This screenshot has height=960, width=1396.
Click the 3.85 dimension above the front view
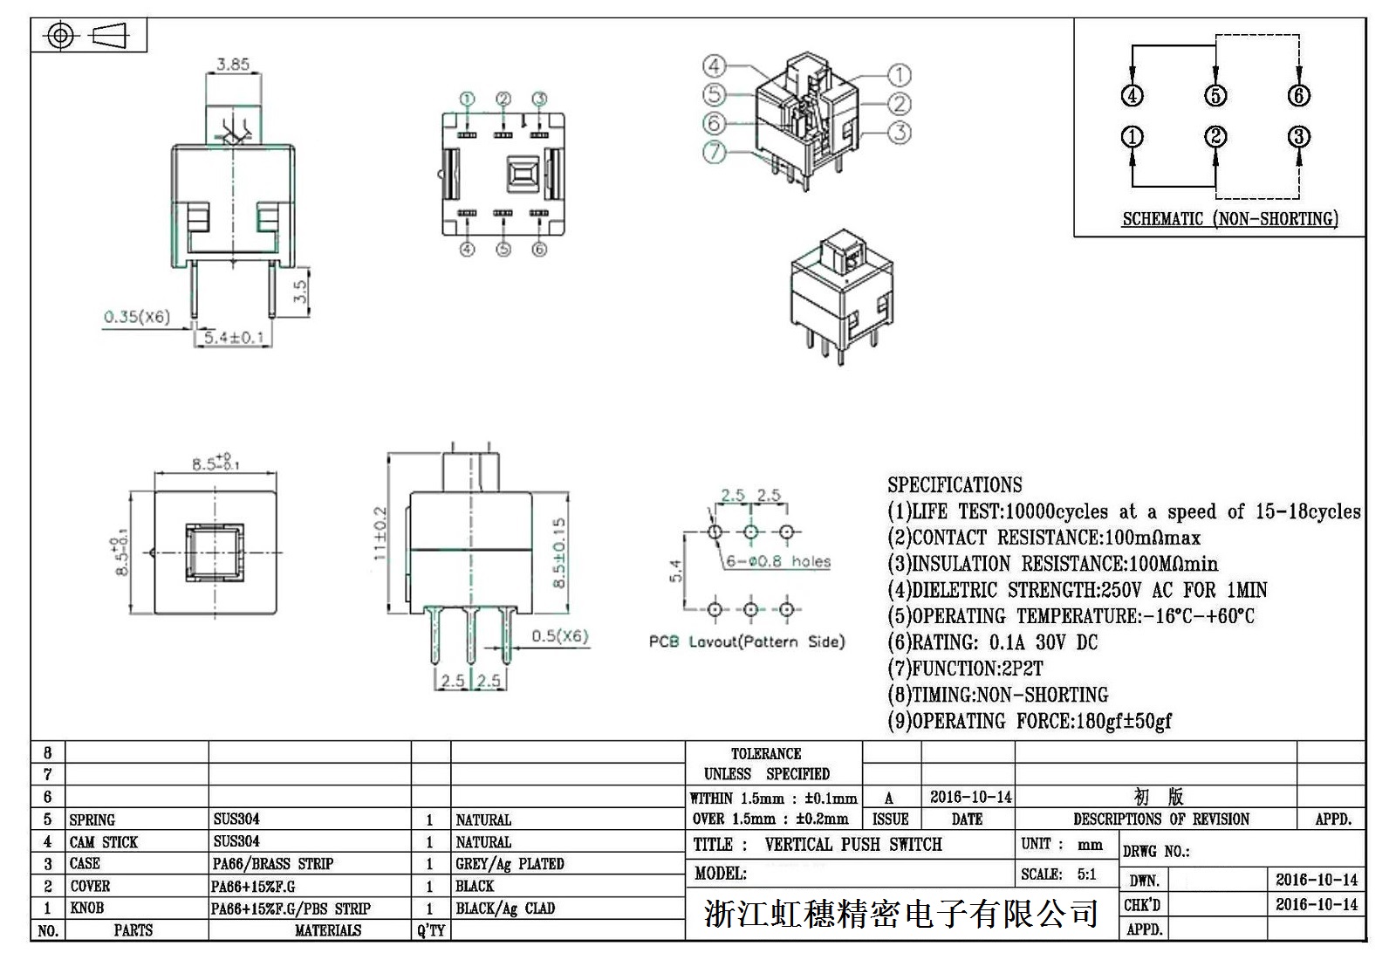click(x=233, y=64)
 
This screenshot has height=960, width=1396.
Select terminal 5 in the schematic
click(x=1215, y=95)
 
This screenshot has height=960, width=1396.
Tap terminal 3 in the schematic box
click(x=1299, y=137)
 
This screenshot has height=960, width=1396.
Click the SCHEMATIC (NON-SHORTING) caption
click(x=1229, y=219)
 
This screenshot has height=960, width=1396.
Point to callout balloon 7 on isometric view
click(x=715, y=152)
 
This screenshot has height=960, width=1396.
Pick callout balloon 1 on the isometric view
click(x=899, y=75)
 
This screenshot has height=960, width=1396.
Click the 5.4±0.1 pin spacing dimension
click(x=233, y=337)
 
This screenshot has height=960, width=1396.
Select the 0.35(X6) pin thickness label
click(x=137, y=317)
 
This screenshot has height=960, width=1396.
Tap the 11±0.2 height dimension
click(x=379, y=534)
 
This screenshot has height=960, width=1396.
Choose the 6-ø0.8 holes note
click(x=778, y=561)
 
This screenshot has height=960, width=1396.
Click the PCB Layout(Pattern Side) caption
click(x=747, y=641)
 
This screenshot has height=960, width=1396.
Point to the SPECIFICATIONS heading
click(x=955, y=485)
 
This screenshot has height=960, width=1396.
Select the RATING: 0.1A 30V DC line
click(x=992, y=643)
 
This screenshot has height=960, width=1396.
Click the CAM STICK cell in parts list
click(x=104, y=842)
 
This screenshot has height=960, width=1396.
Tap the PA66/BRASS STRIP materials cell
click(x=273, y=864)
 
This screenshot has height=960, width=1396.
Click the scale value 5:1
click(x=1086, y=874)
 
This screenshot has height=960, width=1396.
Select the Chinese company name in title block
click(x=900, y=914)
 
